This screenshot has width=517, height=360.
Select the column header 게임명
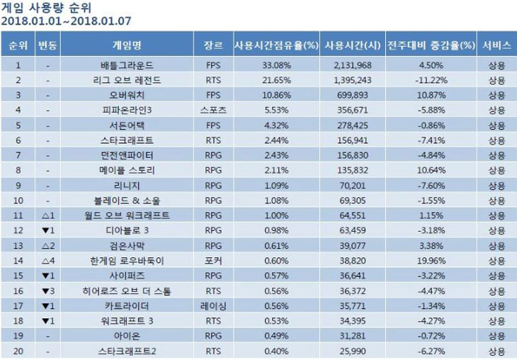127,45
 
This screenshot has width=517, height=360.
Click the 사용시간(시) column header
351,45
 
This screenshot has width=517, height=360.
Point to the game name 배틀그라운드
127,65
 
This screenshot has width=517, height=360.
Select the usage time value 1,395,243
351,80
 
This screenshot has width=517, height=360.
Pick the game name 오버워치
127,95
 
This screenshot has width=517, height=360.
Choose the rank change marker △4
48,259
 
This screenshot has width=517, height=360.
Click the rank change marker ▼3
48,290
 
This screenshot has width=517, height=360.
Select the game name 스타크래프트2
127,349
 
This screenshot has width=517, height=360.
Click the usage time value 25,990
351,349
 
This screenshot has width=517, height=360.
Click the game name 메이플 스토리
127,170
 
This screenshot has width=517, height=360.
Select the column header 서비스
496,45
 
